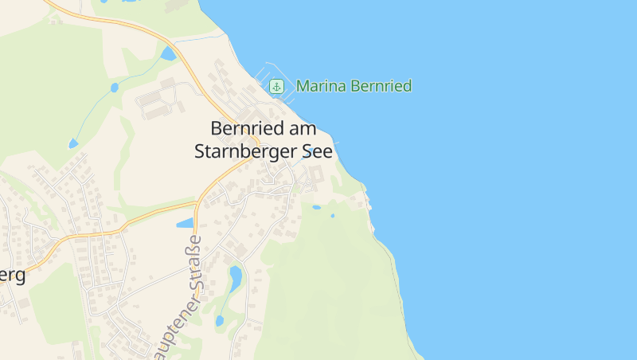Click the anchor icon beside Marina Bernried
[x=276, y=86]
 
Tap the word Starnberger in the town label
[x=244, y=151]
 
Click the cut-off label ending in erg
[x=12, y=276]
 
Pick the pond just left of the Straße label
[x=185, y=223]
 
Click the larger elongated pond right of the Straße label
[x=236, y=276]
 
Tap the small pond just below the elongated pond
[x=220, y=321]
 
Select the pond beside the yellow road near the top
[x=167, y=54]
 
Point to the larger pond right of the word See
[x=316, y=207]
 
